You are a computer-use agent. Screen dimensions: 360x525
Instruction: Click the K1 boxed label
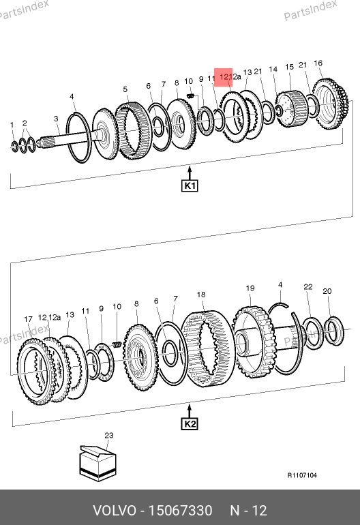(190, 186)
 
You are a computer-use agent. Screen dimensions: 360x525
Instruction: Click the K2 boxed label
(190, 424)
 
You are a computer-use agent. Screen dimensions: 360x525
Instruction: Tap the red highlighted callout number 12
(224, 77)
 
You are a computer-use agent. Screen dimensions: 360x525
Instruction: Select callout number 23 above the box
(109, 435)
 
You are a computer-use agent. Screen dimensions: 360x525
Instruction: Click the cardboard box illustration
(97, 463)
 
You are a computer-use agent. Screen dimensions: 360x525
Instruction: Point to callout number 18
(201, 295)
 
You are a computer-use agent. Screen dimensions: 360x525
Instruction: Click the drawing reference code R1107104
(302, 475)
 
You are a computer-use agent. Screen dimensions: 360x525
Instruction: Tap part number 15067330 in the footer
(180, 511)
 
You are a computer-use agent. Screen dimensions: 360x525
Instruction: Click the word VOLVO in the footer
(115, 511)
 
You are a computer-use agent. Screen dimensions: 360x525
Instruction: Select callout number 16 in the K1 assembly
(318, 63)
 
